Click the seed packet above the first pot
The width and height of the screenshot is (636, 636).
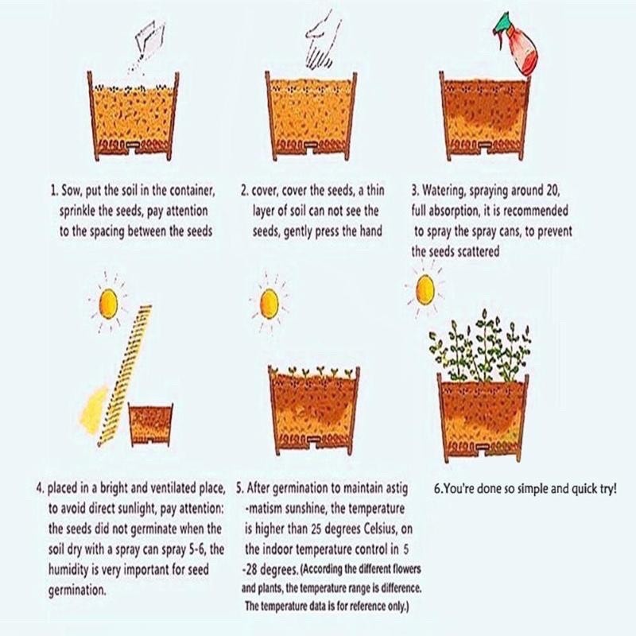click(x=149, y=39)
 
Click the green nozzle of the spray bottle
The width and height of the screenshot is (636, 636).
click(x=502, y=24)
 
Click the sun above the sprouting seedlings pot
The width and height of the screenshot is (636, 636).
click(x=269, y=304)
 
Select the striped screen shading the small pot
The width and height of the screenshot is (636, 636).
click(x=124, y=375)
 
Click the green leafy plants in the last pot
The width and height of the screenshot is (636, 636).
click(x=480, y=346)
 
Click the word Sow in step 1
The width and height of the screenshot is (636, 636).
click(x=71, y=190)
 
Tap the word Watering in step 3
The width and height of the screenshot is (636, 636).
click(x=444, y=190)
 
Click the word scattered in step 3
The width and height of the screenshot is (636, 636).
click(x=478, y=251)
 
